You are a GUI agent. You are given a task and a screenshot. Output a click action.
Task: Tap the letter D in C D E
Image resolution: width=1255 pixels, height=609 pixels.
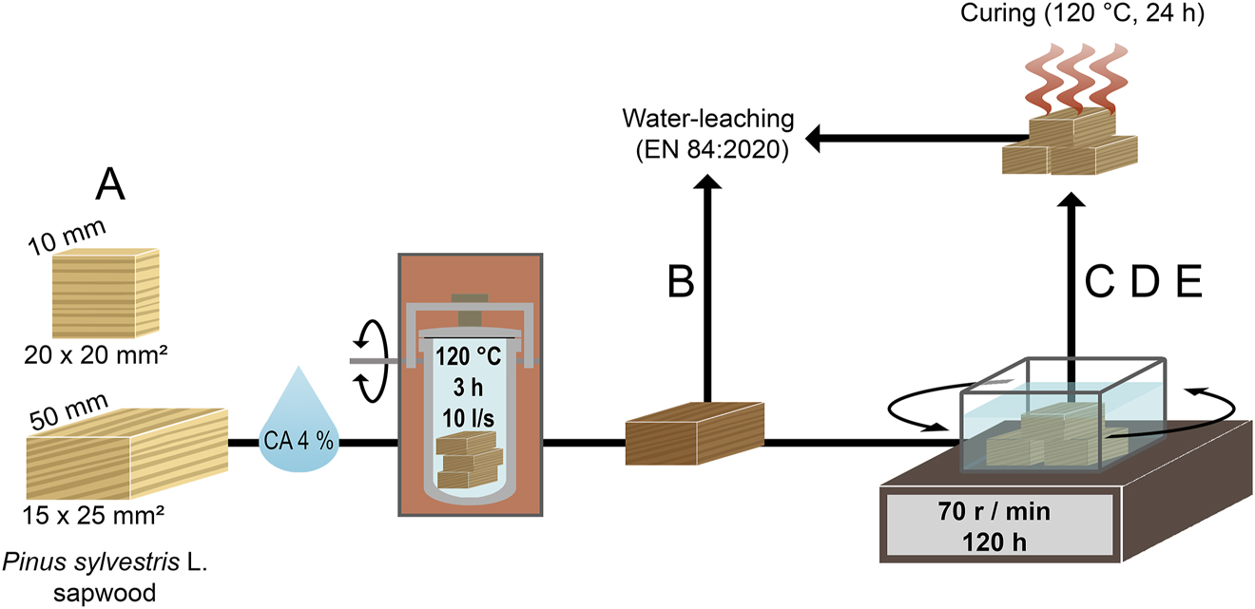[x=1144, y=283]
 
